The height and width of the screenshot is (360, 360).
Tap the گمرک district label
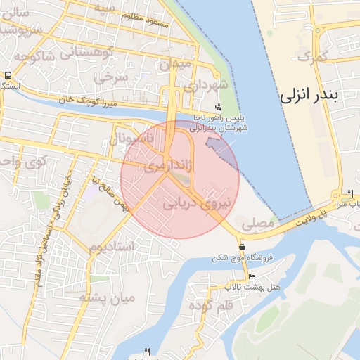[x=314, y=56]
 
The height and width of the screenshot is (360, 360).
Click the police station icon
[x=218, y=108]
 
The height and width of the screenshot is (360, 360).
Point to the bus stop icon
[x=8, y=75]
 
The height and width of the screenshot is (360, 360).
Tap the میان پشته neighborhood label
[x=106, y=297]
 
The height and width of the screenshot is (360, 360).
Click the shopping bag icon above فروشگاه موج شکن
[x=242, y=247]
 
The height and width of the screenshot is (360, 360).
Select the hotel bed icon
[x=252, y=275]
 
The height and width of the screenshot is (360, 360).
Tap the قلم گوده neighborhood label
[x=217, y=307]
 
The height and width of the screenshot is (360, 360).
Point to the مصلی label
[x=257, y=224]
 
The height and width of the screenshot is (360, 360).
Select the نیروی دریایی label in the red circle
[x=197, y=202]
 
